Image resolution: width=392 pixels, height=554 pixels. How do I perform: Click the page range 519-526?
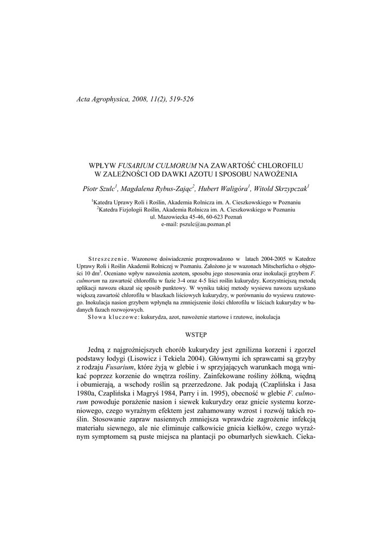point(177,99)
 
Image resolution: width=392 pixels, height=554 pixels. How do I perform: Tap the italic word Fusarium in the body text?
point(121,367)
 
